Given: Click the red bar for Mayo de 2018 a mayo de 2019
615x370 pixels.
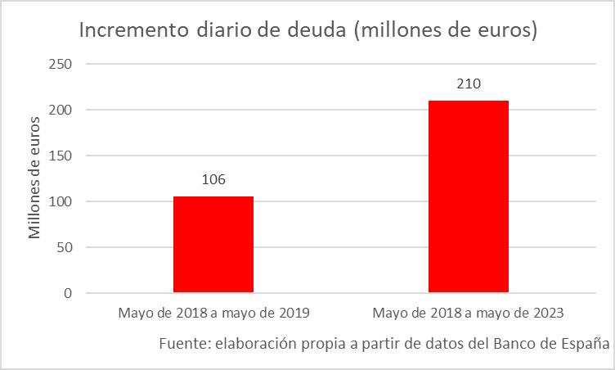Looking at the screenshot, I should click(213, 244).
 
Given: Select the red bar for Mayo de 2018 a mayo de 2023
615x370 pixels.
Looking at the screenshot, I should click(469, 196).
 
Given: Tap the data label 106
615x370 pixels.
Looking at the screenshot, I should click(213, 180).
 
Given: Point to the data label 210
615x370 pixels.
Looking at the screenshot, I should click(469, 84).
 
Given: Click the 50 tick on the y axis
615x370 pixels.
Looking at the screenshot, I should click(65, 247).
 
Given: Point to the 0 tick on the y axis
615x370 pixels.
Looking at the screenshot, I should click(69, 293).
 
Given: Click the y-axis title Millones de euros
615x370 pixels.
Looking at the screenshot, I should click(35, 178).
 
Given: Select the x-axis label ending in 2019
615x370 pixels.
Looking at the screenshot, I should click(213, 313).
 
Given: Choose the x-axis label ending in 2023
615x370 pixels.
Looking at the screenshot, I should click(469, 313).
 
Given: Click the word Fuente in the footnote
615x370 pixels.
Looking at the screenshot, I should click(184, 343).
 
